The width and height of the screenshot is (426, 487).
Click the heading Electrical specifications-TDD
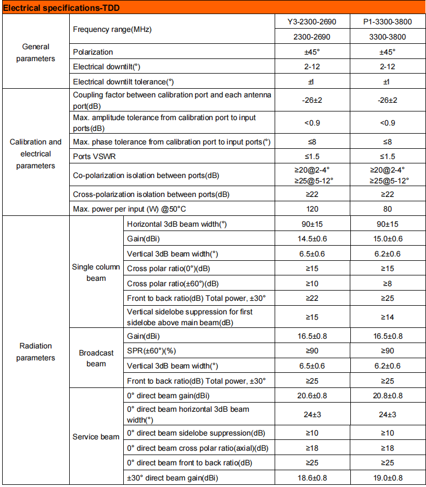tap(62, 7)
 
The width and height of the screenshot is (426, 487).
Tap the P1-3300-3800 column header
tap(386, 22)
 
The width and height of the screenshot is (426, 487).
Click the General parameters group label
tap(36, 52)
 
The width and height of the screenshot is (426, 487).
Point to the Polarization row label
tap(93, 52)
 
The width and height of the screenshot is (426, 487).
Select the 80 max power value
tap(386, 209)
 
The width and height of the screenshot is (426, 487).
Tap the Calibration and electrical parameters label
tap(36, 154)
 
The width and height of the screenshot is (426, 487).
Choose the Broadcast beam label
tap(96, 358)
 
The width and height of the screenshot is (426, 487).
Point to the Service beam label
tap(96, 437)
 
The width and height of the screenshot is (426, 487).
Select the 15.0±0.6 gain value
tap(386, 239)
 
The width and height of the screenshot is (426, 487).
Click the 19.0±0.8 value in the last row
tap(386, 478)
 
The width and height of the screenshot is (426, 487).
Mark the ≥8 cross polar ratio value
tap(386, 283)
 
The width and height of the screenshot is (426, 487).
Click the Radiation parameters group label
tap(36, 352)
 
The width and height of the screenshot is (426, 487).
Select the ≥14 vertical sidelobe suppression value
tap(386, 317)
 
